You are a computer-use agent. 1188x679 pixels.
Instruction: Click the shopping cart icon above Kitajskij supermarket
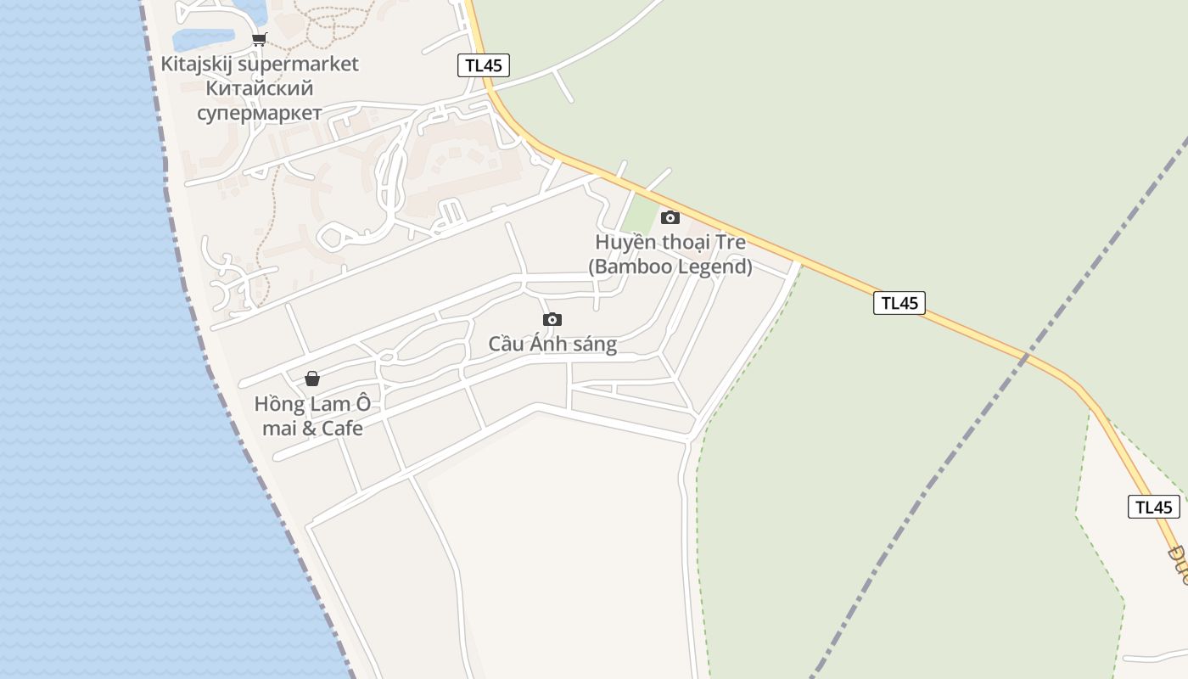(260, 39)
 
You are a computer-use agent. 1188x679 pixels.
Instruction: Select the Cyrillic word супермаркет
(260, 113)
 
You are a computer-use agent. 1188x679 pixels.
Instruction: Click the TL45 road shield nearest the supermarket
(484, 65)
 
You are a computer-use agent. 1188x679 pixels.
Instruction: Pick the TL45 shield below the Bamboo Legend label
(899, 303)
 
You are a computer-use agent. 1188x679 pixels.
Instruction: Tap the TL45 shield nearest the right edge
(1153, 507)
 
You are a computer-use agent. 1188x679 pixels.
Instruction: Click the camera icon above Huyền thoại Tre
(670, 217)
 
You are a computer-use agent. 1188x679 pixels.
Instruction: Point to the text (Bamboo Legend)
(670, 267)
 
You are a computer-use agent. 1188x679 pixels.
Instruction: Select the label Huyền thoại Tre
(670, 243)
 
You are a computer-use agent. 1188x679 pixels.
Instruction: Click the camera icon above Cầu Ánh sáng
(552, 319)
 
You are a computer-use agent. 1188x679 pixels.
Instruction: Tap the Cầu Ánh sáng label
(552, 345)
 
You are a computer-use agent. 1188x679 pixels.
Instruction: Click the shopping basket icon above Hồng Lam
(312, 379)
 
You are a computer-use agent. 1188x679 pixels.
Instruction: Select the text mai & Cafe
(312, 428)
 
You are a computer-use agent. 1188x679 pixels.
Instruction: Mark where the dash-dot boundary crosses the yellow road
(1024, 358)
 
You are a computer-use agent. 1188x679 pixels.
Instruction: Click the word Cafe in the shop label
(341, 428)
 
